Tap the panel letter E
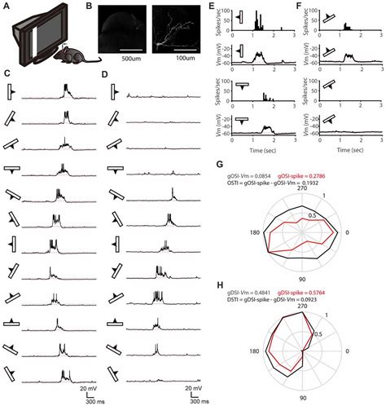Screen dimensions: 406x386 click(x=212, y=7)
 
